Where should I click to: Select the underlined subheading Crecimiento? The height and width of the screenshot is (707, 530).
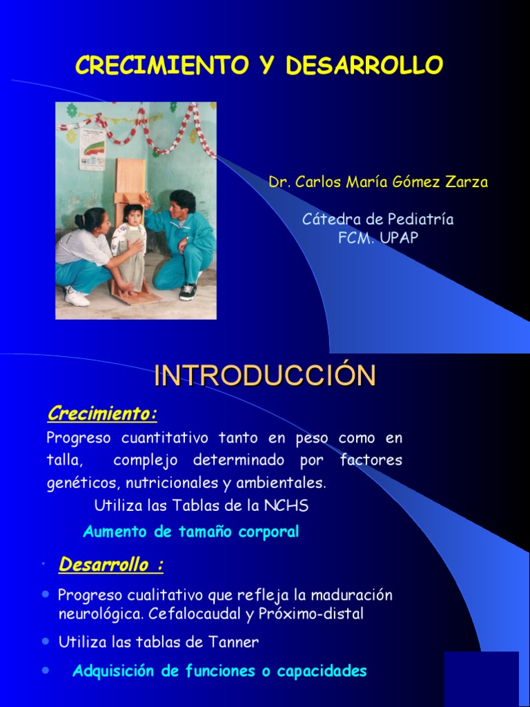click(x=102, y=414)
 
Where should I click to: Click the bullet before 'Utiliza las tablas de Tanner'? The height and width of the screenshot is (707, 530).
click(x=46, y=641)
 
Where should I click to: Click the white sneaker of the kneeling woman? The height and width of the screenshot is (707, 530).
click(x=77, y=297)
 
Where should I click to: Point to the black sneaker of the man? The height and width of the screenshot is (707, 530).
click(x=188, y=291)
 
